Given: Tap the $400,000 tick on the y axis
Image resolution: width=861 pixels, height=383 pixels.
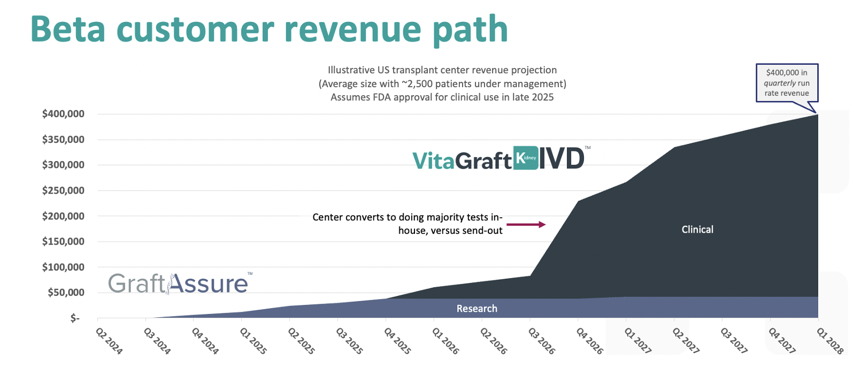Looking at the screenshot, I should pyautogui.click(x=63, y=113).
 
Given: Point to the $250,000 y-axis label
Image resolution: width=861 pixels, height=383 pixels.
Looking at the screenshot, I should pyautogui.click(x=63, y=190).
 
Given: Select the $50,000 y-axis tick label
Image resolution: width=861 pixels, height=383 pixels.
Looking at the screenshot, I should pyautogui.click(x=66, y=293).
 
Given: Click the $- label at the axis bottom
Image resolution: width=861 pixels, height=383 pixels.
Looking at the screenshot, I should pyautogui.click(x=75, y=318).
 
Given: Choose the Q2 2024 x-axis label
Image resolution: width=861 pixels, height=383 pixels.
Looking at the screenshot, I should pyautogui.click(x=109, y=341).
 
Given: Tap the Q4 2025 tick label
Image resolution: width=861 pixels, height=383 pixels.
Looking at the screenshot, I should pyautogui.click(x=397, y=341).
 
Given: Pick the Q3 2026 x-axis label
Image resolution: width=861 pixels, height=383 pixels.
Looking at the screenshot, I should pyautogui.click(x=542, y=341).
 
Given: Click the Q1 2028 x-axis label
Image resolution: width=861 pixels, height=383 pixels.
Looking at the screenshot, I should pyautogui.click(x=830, y=341).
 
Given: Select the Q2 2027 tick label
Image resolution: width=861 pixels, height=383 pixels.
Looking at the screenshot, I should pyautogui.click(x=686, y=341).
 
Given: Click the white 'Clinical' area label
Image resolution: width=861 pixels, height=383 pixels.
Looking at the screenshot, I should pyautogui.click(x=697, y=229).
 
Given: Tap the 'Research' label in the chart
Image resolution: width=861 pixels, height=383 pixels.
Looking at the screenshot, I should pyautogui.click(x=476, y=309).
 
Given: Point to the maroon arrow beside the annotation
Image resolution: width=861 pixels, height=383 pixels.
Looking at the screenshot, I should pyautogui.click(x=526, y=224).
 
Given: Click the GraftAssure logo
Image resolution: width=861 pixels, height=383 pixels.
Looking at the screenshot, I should pyautogui.click(x=179, y=283).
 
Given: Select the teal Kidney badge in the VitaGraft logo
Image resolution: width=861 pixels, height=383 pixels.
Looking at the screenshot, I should pyautogui.click(x=526, y=158).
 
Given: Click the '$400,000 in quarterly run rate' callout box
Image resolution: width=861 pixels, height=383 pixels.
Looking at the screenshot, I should pyautogui.click(x=787, y=82).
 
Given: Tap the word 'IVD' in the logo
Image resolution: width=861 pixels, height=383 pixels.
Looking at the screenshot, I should pyautogui.click(x=561, y=158).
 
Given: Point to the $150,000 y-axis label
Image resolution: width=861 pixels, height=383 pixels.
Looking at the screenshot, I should pyautogui.click(x=63, y=241).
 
